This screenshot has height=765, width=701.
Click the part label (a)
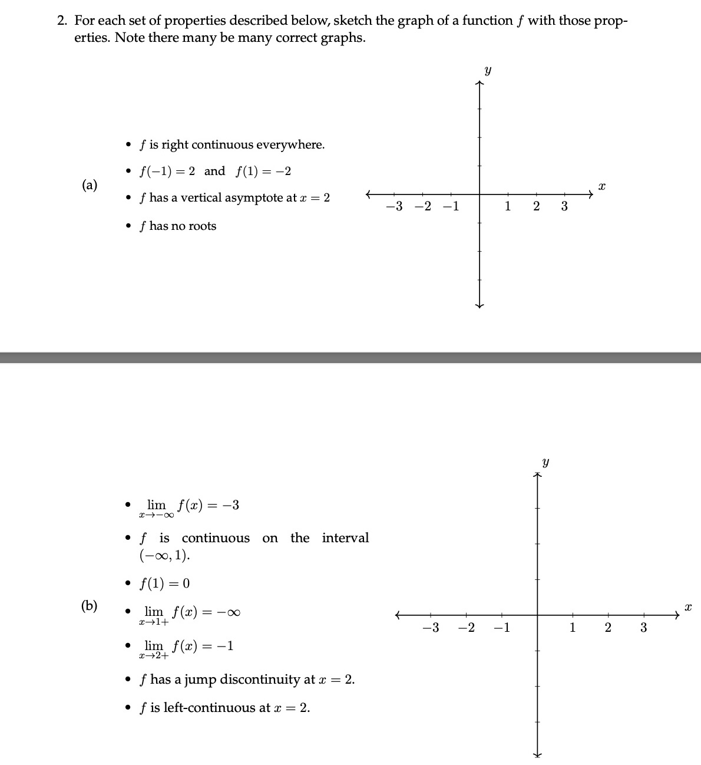pyautogui.click(x=90, y=185)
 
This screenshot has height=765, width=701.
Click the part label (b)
pyautogui.click(x=90, y=605)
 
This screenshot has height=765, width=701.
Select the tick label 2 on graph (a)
pyautogui.click(x=536, y=206)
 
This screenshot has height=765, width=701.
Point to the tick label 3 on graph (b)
pyautogui.click(x=643, y=628)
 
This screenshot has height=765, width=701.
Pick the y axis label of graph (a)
pyautogui.click(x=487, y=71)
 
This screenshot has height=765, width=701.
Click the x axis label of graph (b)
pyautogui.click(x=687, y=606)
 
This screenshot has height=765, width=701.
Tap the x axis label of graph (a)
pyautogui.click(x=601, y=186)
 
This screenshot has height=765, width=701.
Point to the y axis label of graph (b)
pyautogui.click(x=545, y=463)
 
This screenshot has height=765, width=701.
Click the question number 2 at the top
pyautogui.click(x=62, y=21)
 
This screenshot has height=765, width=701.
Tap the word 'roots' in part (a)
pyautogui.click(x=202, y=226)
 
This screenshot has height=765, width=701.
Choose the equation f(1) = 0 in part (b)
pyautogui.click(x=164, y=583)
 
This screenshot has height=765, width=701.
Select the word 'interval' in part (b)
pyautogui.click(x=345, y=538)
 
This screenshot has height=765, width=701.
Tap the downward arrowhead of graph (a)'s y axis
pyautogui.click(x=480, y=305)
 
